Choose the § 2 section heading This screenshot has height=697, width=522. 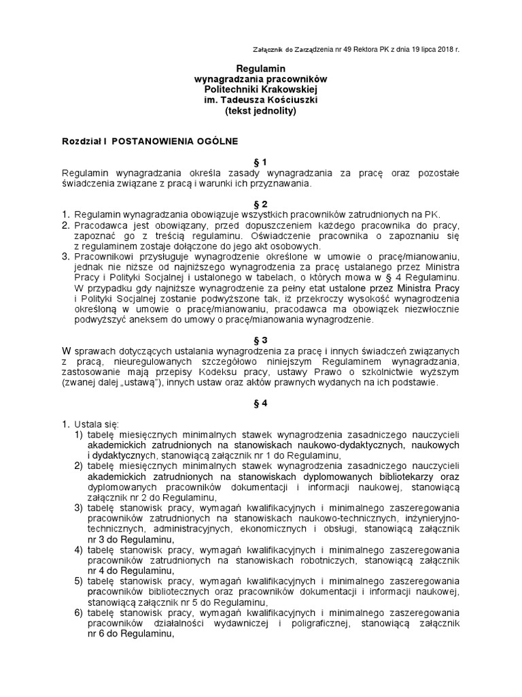click(261, 204)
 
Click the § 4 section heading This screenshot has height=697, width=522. click(261, 403)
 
